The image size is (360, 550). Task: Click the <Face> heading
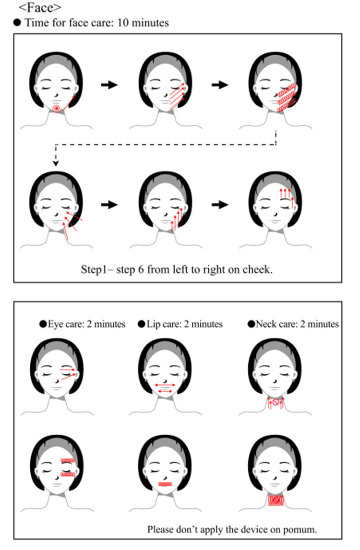pyautogui.click(x=40, y=7)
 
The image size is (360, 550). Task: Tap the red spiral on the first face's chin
pyautogui.click(x=57, y=109)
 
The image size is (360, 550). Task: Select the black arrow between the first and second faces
pyautogui.click(x=109, y=85)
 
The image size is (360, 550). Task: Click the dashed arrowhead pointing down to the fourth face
pyautogui.click(x=56, y=163)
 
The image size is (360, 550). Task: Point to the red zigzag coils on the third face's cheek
pyautogui.click(x=287, y=98)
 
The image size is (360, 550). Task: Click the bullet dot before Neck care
pyautogui.click(x=251, y=324)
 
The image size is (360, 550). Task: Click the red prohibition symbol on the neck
pyautogui.click(x=276, y=402)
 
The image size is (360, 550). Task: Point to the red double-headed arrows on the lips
pyautogui.click(x=165, y=388)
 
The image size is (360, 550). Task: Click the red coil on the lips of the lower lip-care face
pyautogui.click(x=165, y=484)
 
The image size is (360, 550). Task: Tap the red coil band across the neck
pyautogui.click(x=276, y=500)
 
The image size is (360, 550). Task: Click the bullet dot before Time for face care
pyautogui.click(x=17, y=23)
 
